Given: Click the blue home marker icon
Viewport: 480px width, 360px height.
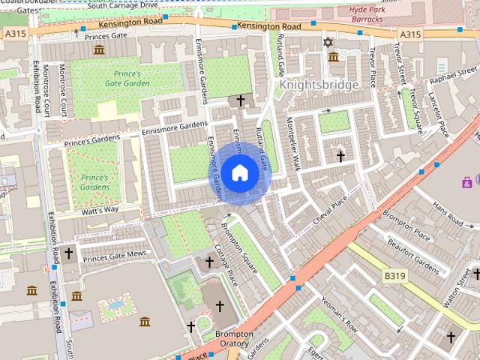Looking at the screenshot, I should pos(239,173).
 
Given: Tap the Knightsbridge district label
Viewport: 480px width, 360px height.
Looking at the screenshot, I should pos(319,85).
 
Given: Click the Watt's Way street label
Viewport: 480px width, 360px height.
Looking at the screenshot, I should pos(100,209).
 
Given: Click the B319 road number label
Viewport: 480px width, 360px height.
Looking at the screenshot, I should pos(394,276).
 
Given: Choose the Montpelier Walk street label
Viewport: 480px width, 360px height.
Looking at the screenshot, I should pos(292,144).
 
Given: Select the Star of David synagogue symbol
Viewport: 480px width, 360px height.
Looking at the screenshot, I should pos(326,41).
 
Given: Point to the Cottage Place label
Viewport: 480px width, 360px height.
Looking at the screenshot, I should pos(226,264).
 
